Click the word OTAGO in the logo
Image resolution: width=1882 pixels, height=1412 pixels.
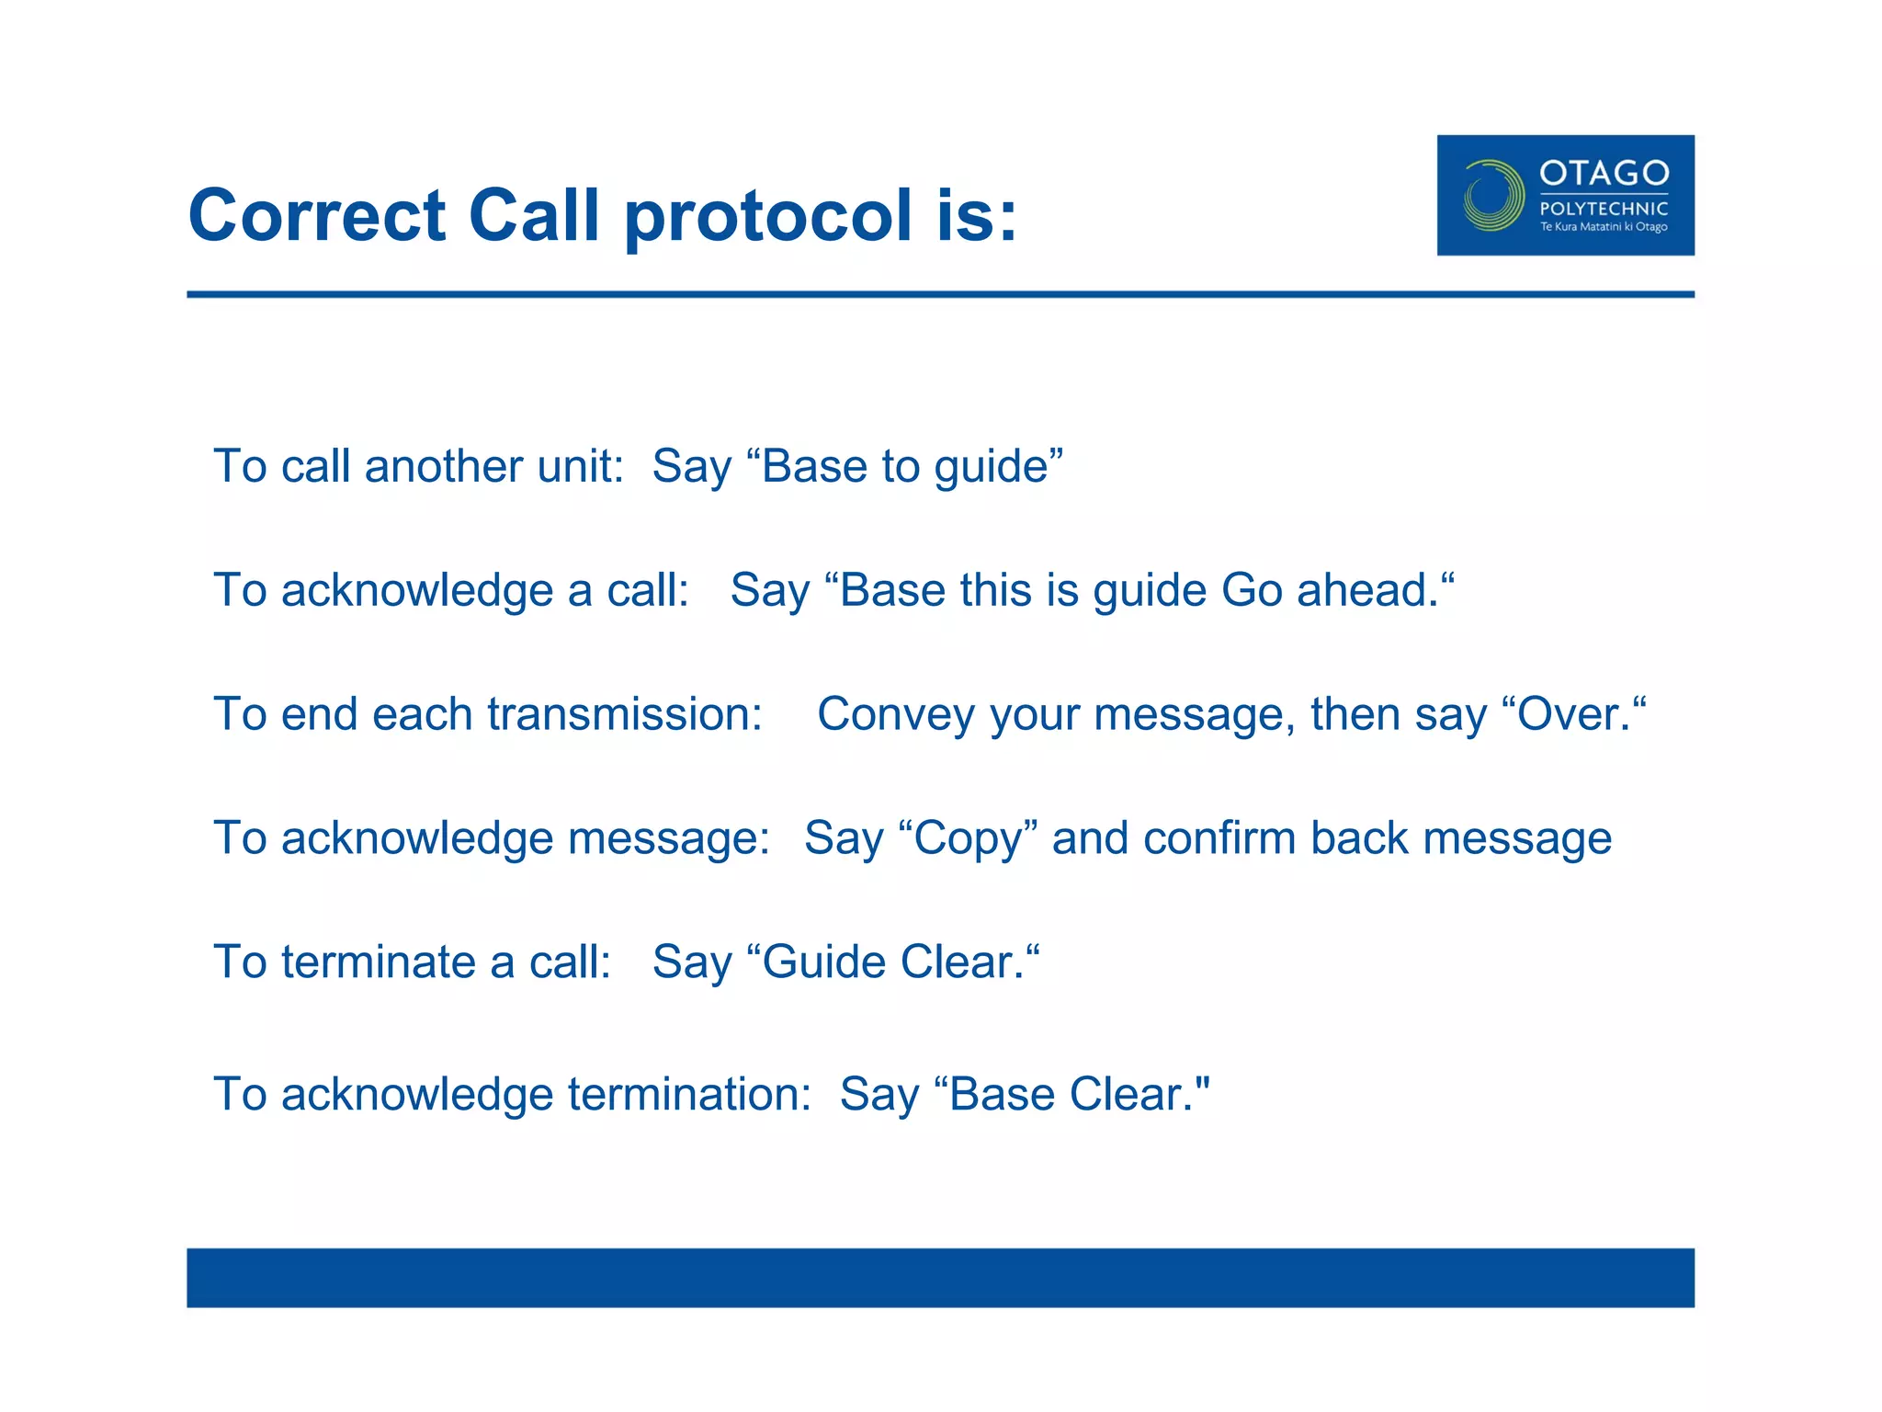(x=1604, y=173)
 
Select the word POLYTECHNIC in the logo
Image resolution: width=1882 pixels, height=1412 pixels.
(x=1604, y=209)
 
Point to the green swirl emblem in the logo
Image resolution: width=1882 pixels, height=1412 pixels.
(x=1492, y=195)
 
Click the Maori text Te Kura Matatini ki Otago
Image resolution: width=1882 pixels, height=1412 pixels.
(x=1604, y=227)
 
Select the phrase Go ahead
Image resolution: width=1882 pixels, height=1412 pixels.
(x=1330, y=590)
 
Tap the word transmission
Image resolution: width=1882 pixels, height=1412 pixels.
(x=625, y=714)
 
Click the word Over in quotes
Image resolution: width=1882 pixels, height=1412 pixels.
(x=1573, y=714)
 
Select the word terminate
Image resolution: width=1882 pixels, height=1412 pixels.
(x=378, y=962)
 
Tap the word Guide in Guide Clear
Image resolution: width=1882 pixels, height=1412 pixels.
(x=823, y=962)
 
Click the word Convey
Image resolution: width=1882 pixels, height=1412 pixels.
(x=895, y=714)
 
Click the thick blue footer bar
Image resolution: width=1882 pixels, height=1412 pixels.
(x=940, y=1277)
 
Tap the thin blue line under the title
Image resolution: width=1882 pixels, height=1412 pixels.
(x=940, y=294)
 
